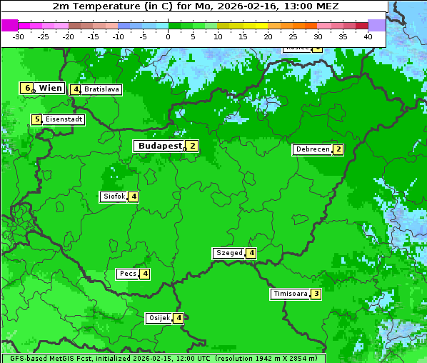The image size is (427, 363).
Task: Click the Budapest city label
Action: point(160,146)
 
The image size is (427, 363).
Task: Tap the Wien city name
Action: point(50,88)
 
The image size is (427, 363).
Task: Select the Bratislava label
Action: point(101,90)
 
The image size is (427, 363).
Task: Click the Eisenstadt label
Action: point(64,120)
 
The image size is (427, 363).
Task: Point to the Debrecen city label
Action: point(312,150)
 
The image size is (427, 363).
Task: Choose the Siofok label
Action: point(114,197)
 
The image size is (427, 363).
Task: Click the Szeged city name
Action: point(228,253)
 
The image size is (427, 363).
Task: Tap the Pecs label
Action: point(128,274)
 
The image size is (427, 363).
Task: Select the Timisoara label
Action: point(291,294)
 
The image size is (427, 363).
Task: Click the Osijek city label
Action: point(159,318)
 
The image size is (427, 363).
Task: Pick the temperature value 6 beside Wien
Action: point(27,88)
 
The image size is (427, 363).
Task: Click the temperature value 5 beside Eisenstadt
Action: point(36,120)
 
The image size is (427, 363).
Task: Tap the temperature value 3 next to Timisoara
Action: point(316,294)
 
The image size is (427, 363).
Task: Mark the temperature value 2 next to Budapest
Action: point(192,146)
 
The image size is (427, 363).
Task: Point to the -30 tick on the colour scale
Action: point(19,36)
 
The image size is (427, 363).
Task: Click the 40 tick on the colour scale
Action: point(368,36)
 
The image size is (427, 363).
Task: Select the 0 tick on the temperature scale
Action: point(168,36)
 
